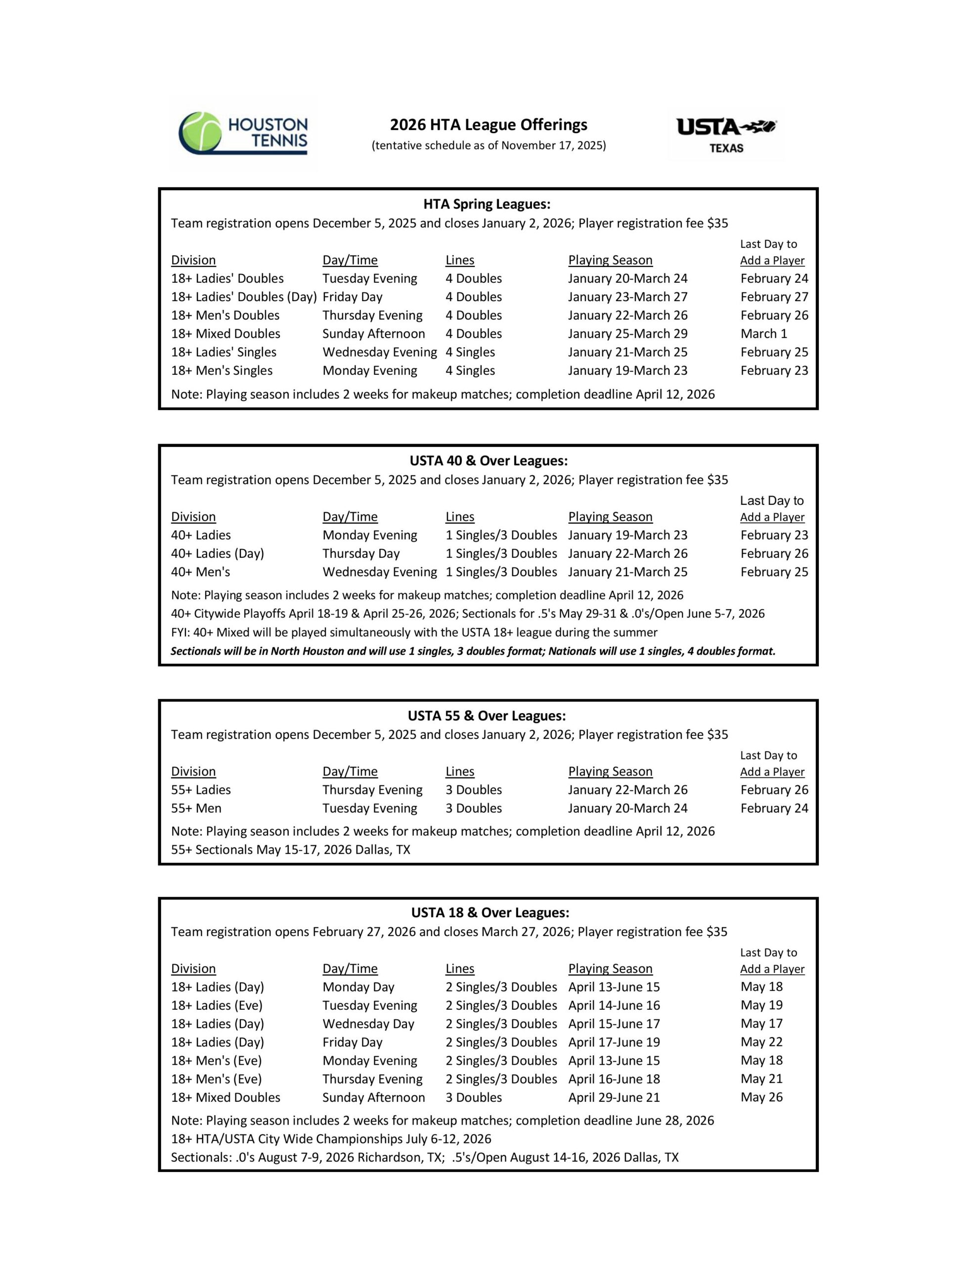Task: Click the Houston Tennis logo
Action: [x=243, y=134]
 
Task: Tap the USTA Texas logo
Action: [x=726, y=135]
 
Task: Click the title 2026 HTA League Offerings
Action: [x=488, y=125]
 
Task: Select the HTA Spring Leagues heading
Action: [x=487, y=204]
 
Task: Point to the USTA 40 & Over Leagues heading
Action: [x=488, y=461]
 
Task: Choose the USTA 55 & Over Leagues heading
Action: [x=487, y=716]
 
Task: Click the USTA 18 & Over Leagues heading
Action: [x=490, y=913]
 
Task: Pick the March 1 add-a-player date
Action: [x=763, y=334]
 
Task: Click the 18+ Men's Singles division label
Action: [x=222, y=371]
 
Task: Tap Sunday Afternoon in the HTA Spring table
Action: [x=373, y=334]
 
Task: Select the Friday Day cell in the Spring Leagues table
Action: [x=353, y=297]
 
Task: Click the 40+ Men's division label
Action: [x=200, y=572]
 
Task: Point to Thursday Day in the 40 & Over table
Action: [x=360, y=553]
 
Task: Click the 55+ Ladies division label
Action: [x=201, y=790]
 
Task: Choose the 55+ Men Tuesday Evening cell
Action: [x=370, y=809]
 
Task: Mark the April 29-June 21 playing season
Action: [x=614, y=1097]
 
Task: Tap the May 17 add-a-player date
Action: [x=761, y=1024]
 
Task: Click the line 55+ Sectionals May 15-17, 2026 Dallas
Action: [x=290, y=850]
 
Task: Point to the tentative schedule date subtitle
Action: [x=488, y=145]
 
